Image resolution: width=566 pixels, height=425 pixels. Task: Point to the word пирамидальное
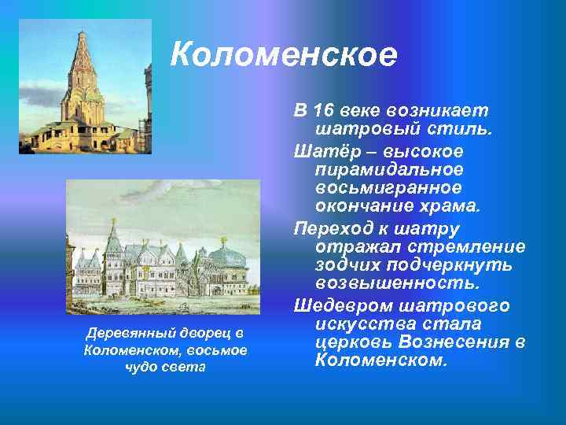pyautogui.click(x=389, y=169)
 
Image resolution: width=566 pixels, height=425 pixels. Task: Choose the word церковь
pyautogui.click(x=353, y=343)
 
